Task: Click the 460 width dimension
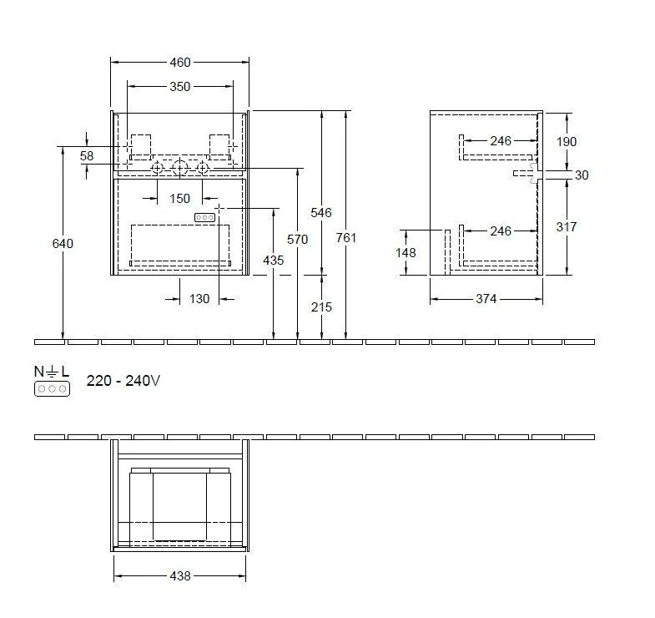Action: (x=180, y=62)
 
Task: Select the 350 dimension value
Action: (x=180, y=86)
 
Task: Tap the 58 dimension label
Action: (x=87, y=156)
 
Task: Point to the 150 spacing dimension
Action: (x=180, y=199)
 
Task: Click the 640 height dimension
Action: (x=63, y=244)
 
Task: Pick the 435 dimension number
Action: (x=274, y=261)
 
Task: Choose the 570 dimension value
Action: (x=298, y=240)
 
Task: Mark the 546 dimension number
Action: (x=321, y=213)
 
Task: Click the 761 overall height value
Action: (x=345, y=238)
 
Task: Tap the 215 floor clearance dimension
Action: (x=321, y=307)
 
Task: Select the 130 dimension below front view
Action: (x=199, y=299)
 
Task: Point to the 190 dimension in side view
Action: (x=566, y=142)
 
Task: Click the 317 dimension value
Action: (x=566, y=227)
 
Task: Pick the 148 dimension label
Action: (x=406, y=252)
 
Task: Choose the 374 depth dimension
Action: (x=485, y=299)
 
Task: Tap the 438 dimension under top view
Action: (x=180, y=575)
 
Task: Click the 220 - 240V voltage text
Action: (x=123, y=381)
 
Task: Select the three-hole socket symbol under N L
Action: (x=52, y=389)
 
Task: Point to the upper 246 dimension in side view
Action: (x=501, y=141)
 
